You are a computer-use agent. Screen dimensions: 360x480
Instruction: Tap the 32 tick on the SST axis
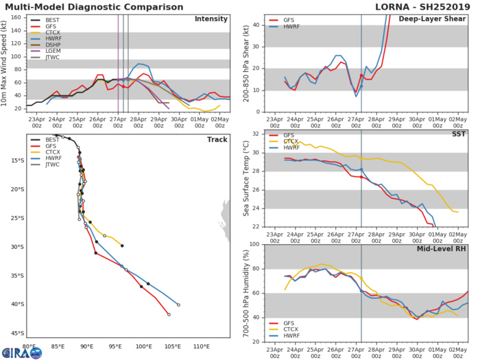coord(256,134)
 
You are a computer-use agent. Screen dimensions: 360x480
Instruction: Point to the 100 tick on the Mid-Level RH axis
coord(254,244)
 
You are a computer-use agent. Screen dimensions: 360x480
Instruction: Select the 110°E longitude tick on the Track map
coord(201,347)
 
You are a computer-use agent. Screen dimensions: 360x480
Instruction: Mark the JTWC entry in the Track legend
coord(49,165)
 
